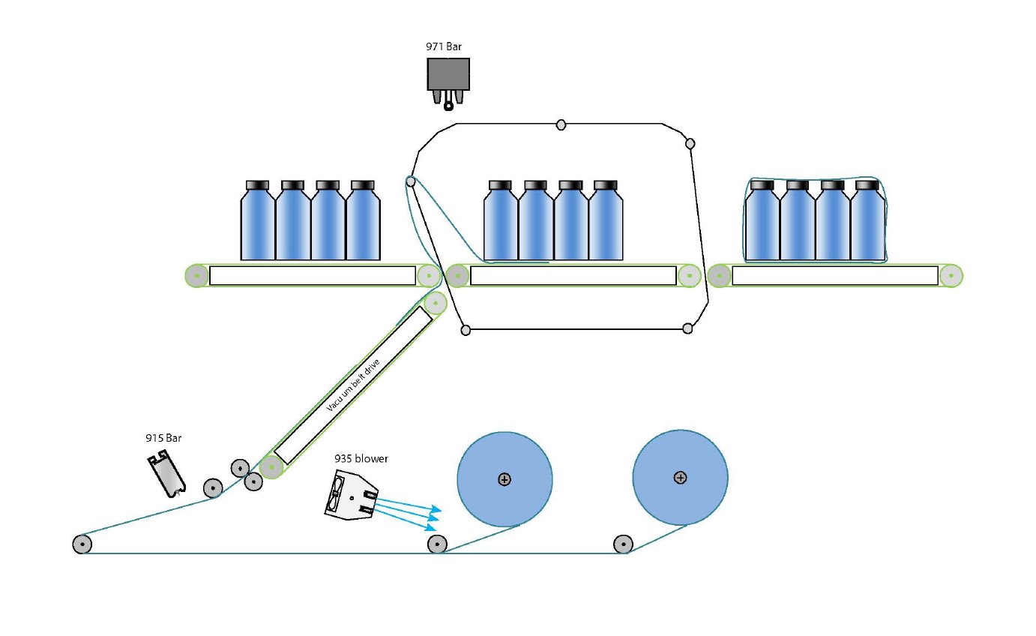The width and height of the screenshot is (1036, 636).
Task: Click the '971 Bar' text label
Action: pyautogui.click(x=444, y=46)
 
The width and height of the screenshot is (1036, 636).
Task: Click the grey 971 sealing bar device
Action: pyautogui.click(x=448, y=75)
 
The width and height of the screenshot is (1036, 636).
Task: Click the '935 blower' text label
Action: pyautogui.click(x=361, y=458)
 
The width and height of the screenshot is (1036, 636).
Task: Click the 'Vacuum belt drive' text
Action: pyautogui.click(x=354, y=385)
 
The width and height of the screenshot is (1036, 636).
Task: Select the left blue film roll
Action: pyautogui.click(x=505, y=478)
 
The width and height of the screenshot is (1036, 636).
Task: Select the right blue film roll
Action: pyautogui.click(x=680, y=477)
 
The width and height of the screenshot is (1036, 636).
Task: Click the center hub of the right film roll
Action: pyautogui.click(x=680, y=477)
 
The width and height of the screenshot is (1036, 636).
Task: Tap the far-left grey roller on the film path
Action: pyautogui.click(x=82, y=544)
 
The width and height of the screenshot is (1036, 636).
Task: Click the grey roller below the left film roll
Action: pyautogui.click(x=436, y=544)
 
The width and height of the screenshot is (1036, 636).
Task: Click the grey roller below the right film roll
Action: pyautogui.click(x=623, y=544)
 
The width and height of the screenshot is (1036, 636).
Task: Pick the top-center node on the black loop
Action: pyautogui.click(x=561, y=124)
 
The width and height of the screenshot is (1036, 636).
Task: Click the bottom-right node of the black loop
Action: pyautogui.click(x=688, y=328)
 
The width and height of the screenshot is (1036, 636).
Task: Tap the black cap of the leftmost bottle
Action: pyautogui.click(x=257, y=184)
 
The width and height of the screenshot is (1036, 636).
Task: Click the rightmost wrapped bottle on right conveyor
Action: pyautogui.click(x=867, y=222)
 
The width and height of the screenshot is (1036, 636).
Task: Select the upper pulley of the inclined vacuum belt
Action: pyautogui.click(x=435, y=302)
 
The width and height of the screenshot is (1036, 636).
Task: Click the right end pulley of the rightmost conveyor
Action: pyautogui.click(x=951, y=276)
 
